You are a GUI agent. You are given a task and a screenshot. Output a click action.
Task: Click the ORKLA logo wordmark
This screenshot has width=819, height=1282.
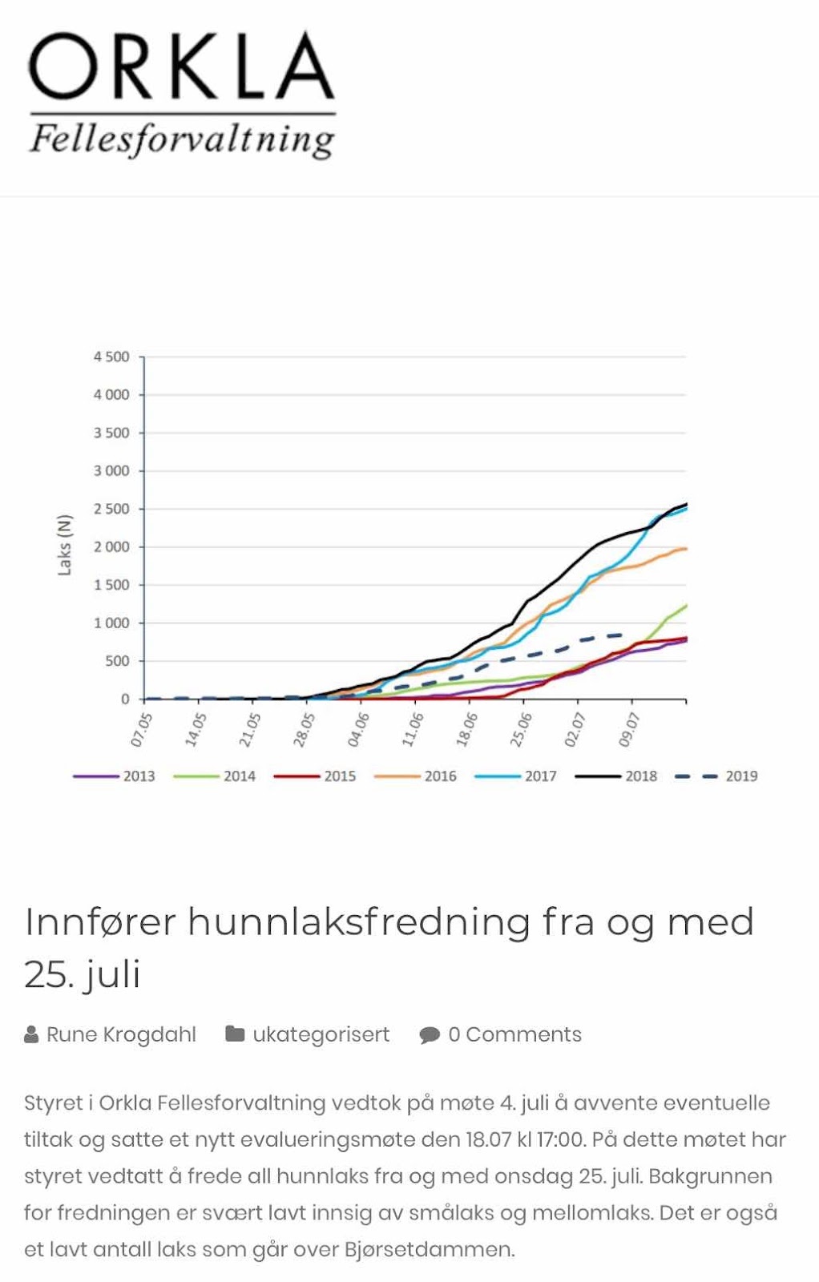(181, 67)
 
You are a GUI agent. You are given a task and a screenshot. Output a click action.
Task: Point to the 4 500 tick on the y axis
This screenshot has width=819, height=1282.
(111, 357)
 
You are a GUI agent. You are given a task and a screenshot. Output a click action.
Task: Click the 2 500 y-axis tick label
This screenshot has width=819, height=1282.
(111, 509)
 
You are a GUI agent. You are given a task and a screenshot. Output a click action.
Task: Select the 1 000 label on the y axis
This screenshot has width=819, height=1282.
(111, 623)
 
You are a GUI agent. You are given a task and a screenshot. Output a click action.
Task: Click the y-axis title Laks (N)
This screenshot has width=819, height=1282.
(65, 545)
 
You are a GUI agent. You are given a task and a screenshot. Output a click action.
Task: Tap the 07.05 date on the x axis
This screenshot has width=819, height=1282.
(141, 729)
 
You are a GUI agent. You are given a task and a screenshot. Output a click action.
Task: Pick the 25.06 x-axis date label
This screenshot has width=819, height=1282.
(521, 729)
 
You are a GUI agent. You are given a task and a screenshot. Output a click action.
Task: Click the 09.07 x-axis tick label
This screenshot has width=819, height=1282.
(629, 729)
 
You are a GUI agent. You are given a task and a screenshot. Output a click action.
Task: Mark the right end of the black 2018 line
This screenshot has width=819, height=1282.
(686, 504)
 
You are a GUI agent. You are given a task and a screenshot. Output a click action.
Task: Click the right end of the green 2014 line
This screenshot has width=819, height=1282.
(686, 606)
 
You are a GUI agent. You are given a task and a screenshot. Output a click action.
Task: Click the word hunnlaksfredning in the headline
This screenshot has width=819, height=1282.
(358, 921)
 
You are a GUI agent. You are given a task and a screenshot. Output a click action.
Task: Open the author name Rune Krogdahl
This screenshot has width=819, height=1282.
(121, 1034)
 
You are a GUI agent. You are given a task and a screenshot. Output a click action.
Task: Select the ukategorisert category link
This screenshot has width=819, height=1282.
(321, 1034)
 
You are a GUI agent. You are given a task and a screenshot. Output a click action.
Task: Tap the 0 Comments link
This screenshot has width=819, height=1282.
(514, 1034)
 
